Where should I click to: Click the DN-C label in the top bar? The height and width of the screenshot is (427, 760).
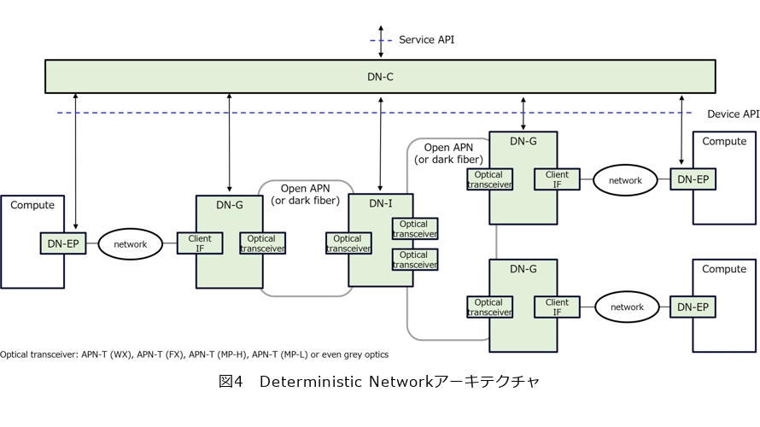[380, 77]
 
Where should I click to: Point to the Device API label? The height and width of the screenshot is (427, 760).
[733, 114]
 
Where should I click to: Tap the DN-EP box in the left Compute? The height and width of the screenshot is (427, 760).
[63, 243]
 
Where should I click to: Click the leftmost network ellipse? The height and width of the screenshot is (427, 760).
[131, 244]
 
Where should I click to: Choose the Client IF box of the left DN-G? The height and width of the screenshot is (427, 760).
[200, 243]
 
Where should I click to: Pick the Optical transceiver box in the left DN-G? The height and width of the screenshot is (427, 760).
[263, 243]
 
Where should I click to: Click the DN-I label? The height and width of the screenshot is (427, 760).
[380, 203]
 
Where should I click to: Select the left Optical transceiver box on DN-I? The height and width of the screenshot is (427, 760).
[348, 243]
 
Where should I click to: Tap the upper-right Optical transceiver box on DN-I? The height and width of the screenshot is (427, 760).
[414, 228]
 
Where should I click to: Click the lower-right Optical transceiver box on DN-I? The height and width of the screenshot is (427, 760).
[414, 260]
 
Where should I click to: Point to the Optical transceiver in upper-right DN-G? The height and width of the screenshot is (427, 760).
[488, 179]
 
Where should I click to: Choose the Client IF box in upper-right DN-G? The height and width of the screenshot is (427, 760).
[557, 179]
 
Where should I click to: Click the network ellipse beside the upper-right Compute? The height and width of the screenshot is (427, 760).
[624, 180]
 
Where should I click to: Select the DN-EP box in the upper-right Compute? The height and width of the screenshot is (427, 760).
[693, 179]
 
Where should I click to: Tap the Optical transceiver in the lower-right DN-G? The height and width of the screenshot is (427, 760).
[488, 307]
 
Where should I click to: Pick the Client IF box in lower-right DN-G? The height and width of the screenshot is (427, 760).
[557, 307]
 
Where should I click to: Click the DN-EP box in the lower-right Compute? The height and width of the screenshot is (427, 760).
[693, 307]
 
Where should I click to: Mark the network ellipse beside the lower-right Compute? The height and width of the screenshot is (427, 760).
[626, 307]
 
